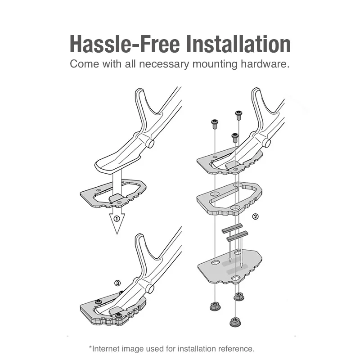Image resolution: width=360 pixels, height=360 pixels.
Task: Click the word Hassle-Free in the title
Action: point(125,44)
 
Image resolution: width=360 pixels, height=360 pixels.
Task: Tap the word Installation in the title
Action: point(238,44)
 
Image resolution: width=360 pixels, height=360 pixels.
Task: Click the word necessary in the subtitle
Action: point(164,64)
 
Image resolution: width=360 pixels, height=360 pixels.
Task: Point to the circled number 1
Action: point(117,219)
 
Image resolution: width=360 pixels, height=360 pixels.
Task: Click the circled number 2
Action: point(255,216)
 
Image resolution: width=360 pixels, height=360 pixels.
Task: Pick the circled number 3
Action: point(117,283)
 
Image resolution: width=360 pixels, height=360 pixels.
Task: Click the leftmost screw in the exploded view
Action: point(215,124)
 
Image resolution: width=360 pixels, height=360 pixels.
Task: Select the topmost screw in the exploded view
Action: point(239,115)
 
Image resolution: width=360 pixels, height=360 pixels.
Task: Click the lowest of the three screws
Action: point(235,137)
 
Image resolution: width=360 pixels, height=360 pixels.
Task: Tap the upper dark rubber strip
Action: point(232,228)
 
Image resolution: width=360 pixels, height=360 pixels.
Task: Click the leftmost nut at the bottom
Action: point(215,306)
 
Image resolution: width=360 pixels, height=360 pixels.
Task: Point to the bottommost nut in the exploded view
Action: point(235,322)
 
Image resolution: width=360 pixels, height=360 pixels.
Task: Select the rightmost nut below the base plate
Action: point(239,297)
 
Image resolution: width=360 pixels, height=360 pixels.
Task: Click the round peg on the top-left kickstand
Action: point(150,143)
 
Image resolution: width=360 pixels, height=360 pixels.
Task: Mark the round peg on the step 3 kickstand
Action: point(150,288)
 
